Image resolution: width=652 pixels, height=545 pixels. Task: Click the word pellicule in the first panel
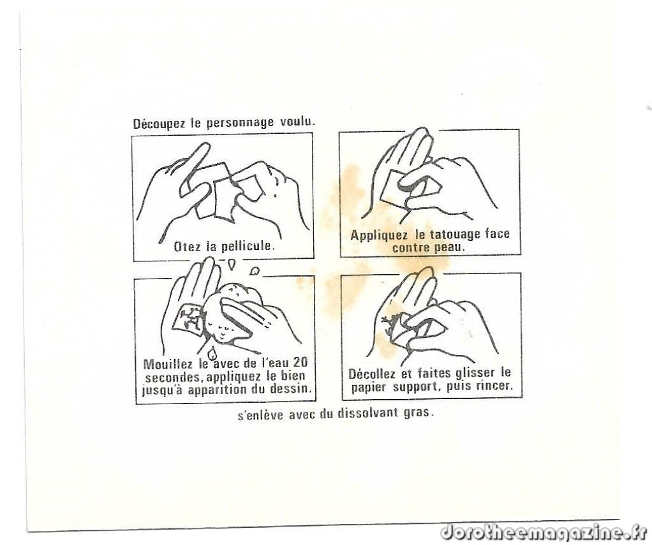[248, 246]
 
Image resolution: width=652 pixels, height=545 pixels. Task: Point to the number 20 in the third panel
[300, 362]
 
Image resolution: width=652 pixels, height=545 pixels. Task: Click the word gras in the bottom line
[419, 414]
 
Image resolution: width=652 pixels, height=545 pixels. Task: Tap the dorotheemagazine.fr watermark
[544, 532]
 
